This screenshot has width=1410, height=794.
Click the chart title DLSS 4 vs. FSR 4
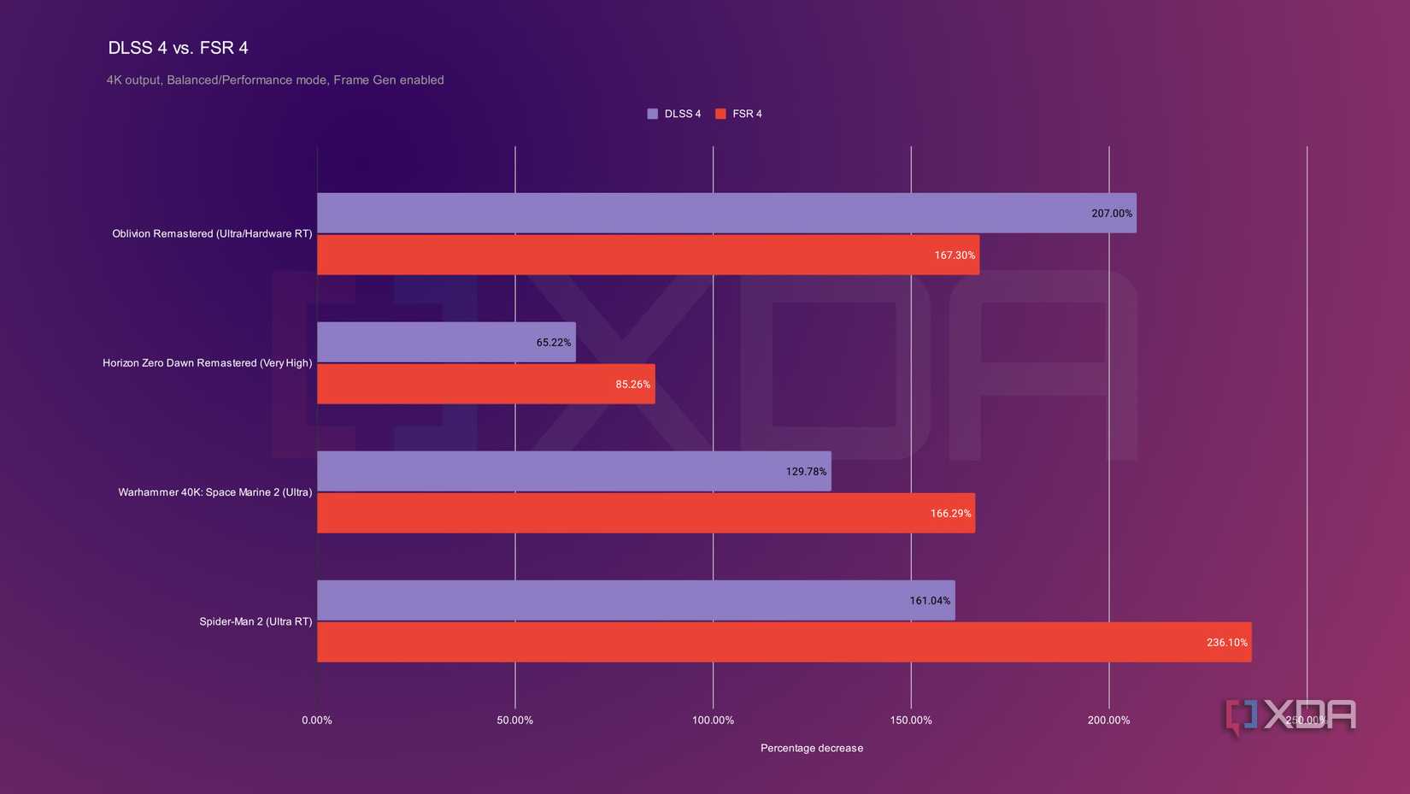click(x=178, y=48)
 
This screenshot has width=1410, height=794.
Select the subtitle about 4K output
click(x=275, y=80)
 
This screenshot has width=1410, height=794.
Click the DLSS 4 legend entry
click(x=674, y=114)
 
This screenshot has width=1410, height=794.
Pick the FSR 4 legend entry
click(x=739, y=114)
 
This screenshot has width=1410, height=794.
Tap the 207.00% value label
click(x=1111, y=214)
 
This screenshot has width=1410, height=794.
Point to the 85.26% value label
click(x=632, y=385)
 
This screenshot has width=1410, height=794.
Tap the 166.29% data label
click(x=950, y=514)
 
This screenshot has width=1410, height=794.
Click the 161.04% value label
click(x=930, y=601)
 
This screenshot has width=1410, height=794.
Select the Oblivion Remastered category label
click(x=212, y=234)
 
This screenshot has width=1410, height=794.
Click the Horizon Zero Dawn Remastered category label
click(x=207, y=363)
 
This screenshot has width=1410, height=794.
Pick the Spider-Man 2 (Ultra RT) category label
click(x=256, y=621)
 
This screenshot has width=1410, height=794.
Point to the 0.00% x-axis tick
click(x=317, y=720)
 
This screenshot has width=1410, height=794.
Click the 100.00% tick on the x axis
click(x=713, y=720)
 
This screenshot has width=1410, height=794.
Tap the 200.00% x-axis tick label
click(x=1108, y=720)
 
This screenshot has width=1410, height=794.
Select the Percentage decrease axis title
click(x=812, y=748)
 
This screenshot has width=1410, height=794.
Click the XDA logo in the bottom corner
click(x=1290, y=716)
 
